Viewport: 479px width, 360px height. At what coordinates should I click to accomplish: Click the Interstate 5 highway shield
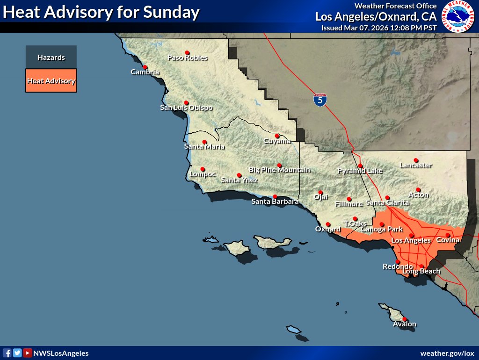pos(320,100)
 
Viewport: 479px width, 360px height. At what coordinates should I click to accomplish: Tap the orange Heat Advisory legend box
pos(51,81)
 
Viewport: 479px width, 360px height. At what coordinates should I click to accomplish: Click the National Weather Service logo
pos(458,16)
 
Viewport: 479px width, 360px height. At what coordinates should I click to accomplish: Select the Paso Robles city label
pos(188,58)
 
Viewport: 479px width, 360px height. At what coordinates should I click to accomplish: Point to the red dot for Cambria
pos(145,67)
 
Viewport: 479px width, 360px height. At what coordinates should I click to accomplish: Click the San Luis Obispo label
pos(186,108)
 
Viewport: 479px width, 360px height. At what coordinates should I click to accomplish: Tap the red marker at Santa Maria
pos(204,142)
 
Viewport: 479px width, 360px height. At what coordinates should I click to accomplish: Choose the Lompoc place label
pos(203,174)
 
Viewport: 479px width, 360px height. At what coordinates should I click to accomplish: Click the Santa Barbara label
pos(275,202)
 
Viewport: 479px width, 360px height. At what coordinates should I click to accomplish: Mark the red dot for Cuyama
pos(277,136)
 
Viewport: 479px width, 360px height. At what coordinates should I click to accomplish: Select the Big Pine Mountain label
pos(279,170)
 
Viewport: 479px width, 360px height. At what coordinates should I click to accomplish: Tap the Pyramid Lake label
pos(360,171)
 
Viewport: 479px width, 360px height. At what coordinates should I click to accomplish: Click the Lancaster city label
pos(415,166)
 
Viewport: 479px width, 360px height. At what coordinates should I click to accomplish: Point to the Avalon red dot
pos(405,319)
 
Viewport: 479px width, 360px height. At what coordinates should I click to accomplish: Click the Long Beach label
pos(421,272)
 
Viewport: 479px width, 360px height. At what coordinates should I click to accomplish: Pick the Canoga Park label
pos(382,230)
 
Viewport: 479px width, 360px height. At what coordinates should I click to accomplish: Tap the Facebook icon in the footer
pos(7,353)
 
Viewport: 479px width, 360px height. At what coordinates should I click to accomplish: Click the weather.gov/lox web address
pos(447,353)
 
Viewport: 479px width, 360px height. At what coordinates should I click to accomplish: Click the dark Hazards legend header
pos(51,58)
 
